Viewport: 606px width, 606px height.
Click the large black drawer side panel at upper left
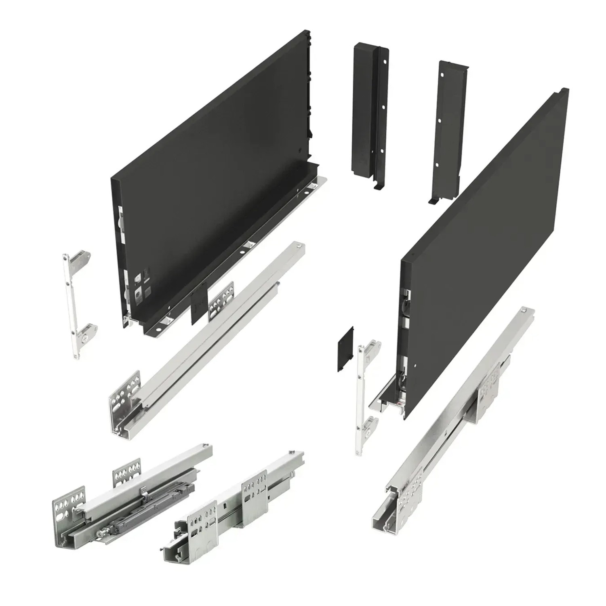210,162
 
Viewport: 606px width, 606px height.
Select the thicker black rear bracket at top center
366,113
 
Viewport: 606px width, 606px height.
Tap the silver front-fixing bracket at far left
77,303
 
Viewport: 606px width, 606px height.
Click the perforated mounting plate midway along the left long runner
221,301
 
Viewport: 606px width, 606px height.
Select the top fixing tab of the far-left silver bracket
81,259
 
